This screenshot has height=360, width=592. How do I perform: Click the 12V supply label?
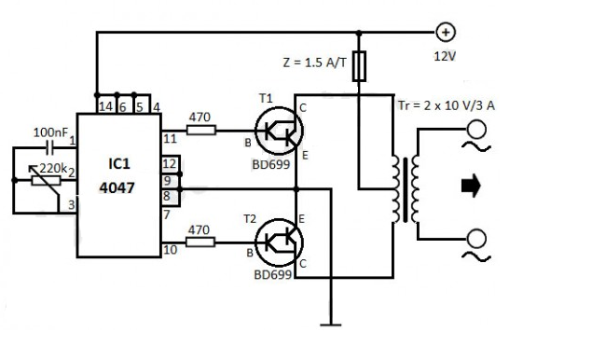[446, 55]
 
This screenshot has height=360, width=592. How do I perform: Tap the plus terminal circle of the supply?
[446, 33]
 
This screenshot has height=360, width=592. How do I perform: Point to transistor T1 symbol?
[276, 132]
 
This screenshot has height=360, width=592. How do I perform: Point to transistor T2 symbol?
[276, 241]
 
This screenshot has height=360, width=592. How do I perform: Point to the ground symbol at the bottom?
[329, 324]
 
